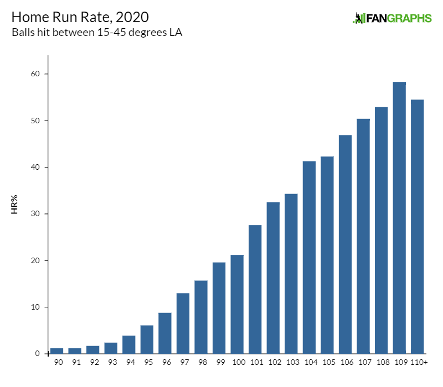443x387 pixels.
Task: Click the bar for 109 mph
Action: pyautogui.click(x=399, y=218)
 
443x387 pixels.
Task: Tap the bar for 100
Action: pyautogui.click(x=237, y=304)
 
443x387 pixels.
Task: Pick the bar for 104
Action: pyautogui.click(x=309, y=257)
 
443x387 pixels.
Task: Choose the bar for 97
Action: pyautogui.click(x=183, y=323)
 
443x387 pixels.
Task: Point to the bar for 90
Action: pyautogui.click(x=56, y=351)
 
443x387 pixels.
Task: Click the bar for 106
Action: pyautogui.click(x=345, y=244)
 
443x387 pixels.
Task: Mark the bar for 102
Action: pyautogui.click(x=273, y=278)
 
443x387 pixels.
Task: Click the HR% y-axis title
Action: pyautogui.click(x=15, y=205)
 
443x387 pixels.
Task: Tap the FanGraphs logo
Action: pyautogui.click(x=392, y=18)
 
